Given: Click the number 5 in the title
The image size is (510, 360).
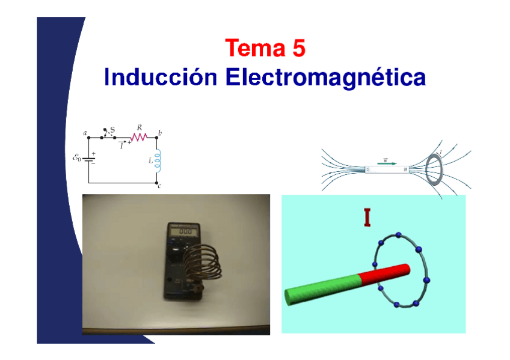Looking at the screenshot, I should coord(299,48).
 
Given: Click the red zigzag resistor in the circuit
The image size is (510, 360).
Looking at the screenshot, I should coord(139,138).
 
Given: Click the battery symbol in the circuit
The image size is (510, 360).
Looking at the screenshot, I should coord(89,160).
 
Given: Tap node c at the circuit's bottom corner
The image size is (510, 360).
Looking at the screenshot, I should coord(158,183).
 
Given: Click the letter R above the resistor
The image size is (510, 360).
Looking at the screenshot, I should coord(140,127).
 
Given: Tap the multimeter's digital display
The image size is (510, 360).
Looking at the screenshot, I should coord(185,230).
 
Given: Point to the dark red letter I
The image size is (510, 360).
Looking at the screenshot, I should coord(366,218).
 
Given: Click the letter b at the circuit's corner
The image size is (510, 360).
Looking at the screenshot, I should coord(160,132).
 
